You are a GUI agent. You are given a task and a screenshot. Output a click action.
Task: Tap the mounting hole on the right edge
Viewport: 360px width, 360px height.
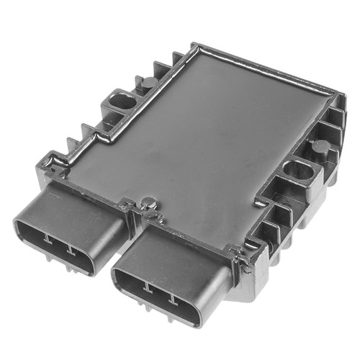click(x=295, y=172)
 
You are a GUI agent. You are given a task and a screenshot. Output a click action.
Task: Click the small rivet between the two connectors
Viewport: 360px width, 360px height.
click(x=146, y=204)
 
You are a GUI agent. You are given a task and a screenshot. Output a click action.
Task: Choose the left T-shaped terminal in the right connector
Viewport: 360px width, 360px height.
click(x=148, y=289)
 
